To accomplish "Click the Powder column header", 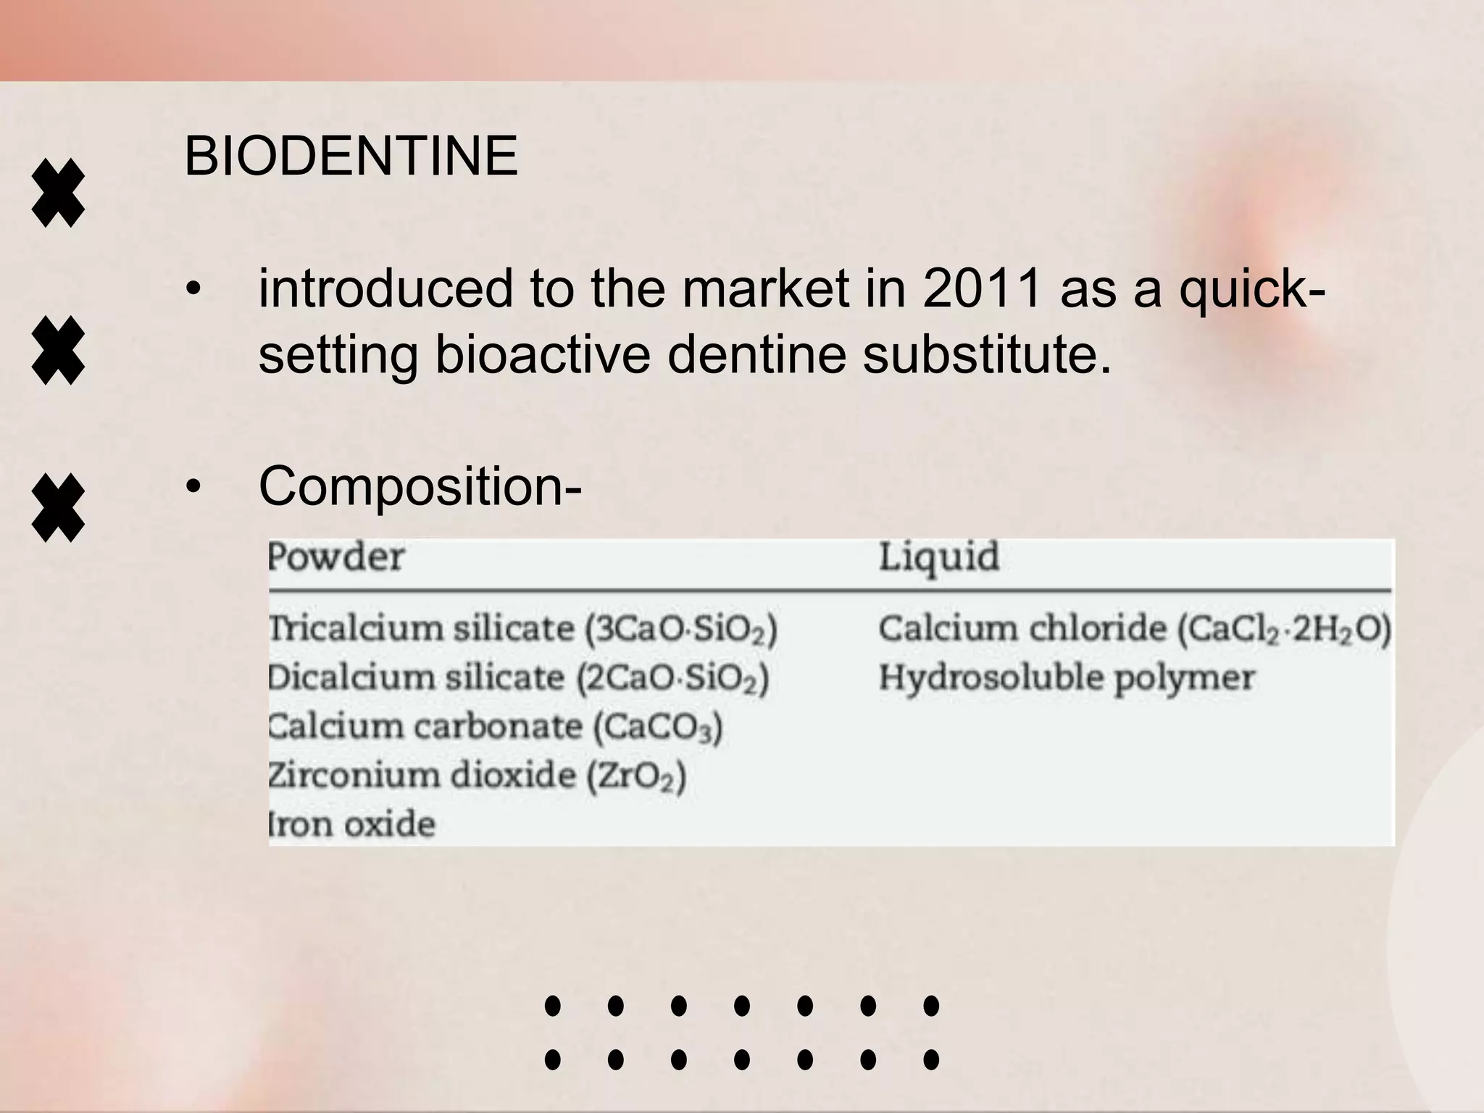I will (336, 557).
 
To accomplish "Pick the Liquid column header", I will (939, 557).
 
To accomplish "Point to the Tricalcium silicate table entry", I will (522, 628).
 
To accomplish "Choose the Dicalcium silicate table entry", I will (518, 678).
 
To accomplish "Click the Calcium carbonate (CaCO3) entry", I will (496, 727).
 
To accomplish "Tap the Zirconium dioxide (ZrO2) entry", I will (477, 776).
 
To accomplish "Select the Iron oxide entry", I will (353, 825).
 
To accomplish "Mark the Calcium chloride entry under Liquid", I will (1135, 628).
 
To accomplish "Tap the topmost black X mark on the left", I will (58, 193).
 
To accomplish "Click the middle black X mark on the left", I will (58, 350).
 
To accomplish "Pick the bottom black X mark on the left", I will (58, 509).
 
